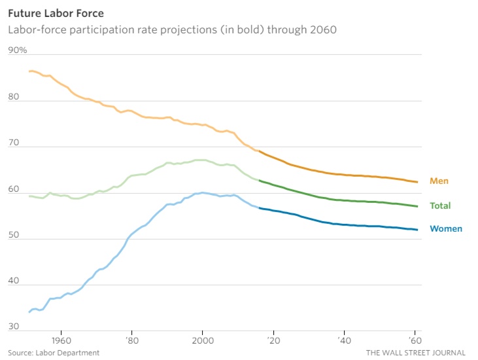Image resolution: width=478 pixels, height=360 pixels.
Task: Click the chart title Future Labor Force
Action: click(56, 12)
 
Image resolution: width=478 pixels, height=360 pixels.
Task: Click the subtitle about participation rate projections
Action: click(172, 29)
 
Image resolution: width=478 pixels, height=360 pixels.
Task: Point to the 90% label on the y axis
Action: click(18, 50)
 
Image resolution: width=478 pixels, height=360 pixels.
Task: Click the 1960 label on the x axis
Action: click(61, 340)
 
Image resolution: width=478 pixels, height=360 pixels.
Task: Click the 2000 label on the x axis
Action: click(202, 340)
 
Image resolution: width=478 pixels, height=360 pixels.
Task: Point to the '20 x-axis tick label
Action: click(273, 340)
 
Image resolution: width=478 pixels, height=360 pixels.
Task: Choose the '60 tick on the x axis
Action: click(413, 340)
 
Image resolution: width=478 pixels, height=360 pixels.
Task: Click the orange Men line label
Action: click(439, 181)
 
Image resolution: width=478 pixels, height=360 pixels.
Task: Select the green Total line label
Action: click(440, 206)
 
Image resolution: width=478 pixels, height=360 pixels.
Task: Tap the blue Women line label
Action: click(445, 228)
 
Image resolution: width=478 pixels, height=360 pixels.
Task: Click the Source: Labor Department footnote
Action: click(54, 353)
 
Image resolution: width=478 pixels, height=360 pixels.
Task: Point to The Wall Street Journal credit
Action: click(415, 353)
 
